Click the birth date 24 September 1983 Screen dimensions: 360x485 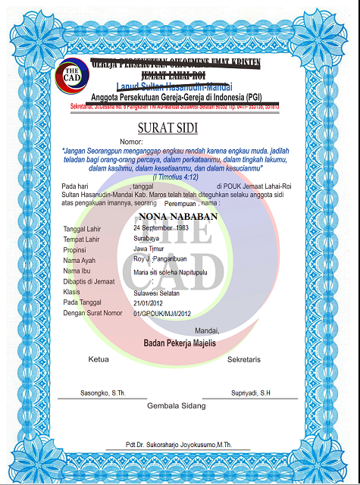161,227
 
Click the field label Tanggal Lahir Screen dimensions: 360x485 85,228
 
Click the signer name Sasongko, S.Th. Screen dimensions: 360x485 103,394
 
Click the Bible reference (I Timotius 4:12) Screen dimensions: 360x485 179,176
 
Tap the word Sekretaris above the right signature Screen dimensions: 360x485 244,358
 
